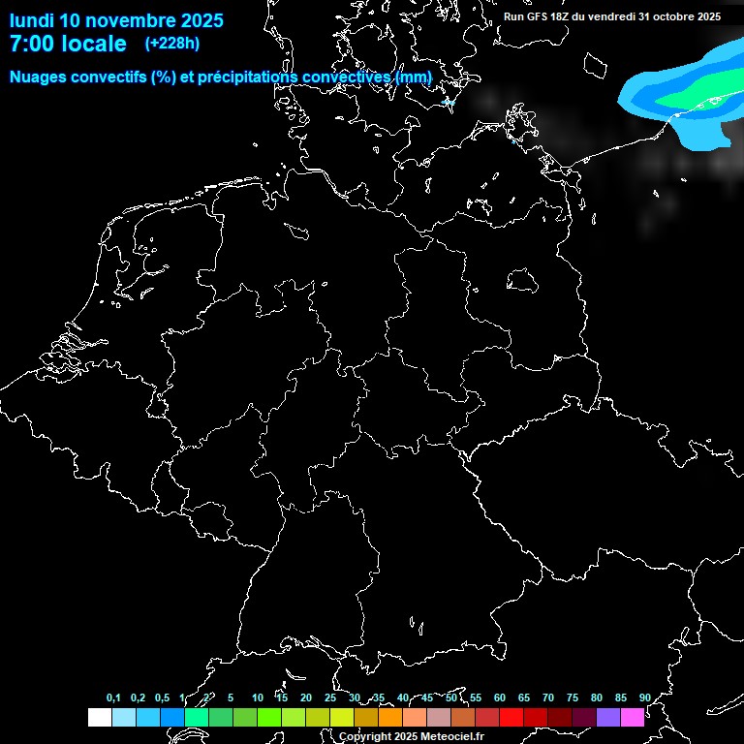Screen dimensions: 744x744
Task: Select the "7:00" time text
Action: point(27,44)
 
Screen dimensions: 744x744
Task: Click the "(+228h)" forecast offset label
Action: point(171,43)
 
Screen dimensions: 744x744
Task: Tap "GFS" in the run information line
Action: point(541,16)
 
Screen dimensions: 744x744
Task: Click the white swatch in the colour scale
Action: point(99,718)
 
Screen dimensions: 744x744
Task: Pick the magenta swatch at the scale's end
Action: point(632,718)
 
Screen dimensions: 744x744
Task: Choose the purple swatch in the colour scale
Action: point(607,718)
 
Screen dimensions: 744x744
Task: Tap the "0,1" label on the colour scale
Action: point(113,698)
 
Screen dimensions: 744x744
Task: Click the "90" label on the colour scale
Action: point(644,698)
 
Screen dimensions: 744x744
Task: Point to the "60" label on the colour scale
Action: point(499,698)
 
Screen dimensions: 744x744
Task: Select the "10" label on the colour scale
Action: point(257,698)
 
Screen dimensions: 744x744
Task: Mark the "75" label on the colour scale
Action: point(572,698)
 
